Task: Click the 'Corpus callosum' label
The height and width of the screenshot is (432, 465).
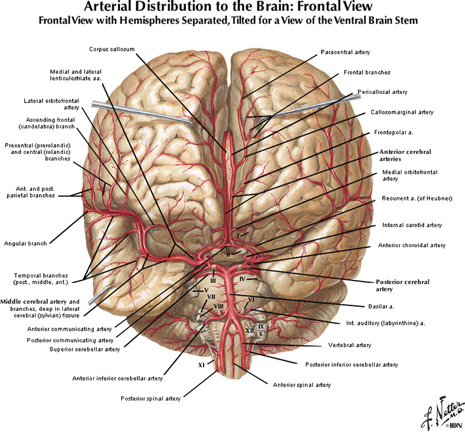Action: [111, 48]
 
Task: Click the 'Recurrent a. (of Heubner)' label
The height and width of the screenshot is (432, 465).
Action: [417, 198]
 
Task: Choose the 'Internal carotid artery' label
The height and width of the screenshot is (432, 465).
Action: [412, 225]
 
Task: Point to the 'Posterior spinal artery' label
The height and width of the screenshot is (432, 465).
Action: [150, 399]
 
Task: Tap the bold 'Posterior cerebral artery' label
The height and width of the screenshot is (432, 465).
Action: [403, 286]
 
